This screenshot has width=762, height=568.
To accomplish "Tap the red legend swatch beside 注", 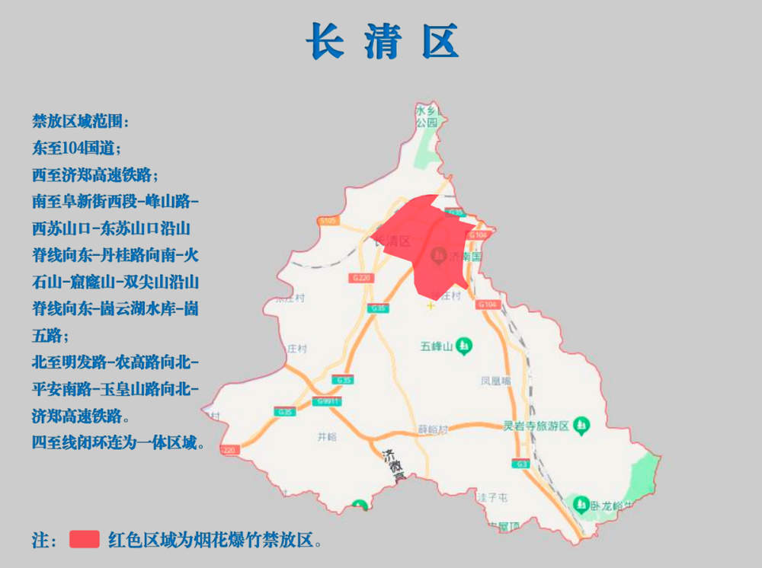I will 85,539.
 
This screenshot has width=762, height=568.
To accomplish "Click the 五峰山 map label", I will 437,347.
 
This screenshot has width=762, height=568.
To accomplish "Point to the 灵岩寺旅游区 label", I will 536,425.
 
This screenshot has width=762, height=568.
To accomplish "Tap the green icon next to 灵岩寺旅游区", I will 581,423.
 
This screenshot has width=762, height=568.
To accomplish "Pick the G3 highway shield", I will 521,463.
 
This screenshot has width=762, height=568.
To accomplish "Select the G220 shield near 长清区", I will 362,278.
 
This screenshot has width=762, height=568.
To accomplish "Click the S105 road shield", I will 328,221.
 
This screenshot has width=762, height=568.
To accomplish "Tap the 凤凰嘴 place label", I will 495,380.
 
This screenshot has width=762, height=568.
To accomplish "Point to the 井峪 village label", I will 326,437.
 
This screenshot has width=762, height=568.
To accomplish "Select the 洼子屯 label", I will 492,497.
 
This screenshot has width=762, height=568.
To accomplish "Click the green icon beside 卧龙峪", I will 581,504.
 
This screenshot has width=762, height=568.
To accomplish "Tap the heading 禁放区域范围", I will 80,122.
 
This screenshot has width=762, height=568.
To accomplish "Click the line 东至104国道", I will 76,148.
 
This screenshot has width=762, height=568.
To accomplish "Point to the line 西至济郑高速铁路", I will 94,175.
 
